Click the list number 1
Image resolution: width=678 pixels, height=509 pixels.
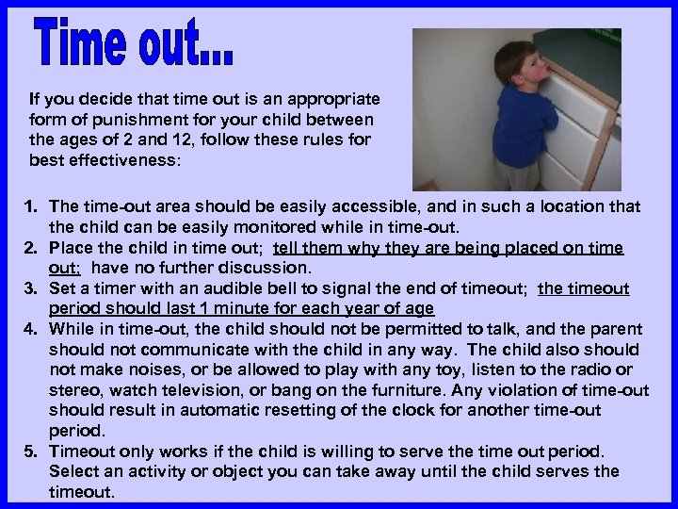pos(31,206)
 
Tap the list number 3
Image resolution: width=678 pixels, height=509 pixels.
pos(31,288)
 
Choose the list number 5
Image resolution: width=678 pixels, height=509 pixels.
pos(31,452)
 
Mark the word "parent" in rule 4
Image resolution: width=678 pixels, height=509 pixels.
pos(616,329)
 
